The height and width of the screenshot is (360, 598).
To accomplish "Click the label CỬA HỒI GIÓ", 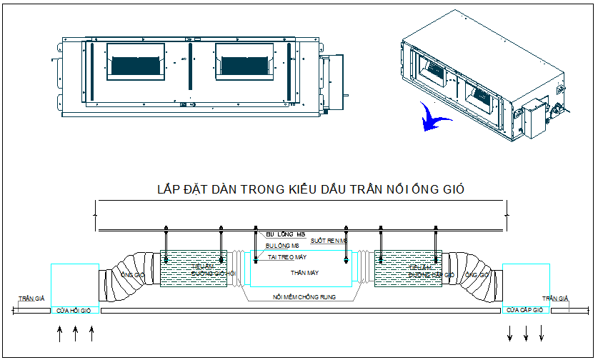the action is coord(75,311).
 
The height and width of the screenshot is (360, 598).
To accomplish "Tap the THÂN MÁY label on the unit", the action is coord(304,273).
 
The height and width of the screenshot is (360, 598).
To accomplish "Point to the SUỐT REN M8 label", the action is coord(329,241).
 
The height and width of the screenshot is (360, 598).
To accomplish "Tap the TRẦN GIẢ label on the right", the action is coord(555,299).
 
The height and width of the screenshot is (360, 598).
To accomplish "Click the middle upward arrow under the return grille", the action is coord(75,333).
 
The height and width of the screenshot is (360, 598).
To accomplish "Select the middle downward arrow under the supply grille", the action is coord(526,333).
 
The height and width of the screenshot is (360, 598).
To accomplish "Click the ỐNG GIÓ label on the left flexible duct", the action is coord(134,274).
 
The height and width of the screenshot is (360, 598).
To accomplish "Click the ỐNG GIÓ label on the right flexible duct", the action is coord(477,274).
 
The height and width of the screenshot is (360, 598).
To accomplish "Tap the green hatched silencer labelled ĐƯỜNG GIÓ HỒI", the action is coord(193,269).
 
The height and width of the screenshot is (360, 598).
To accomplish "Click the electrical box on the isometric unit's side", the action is coord(533,118).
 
